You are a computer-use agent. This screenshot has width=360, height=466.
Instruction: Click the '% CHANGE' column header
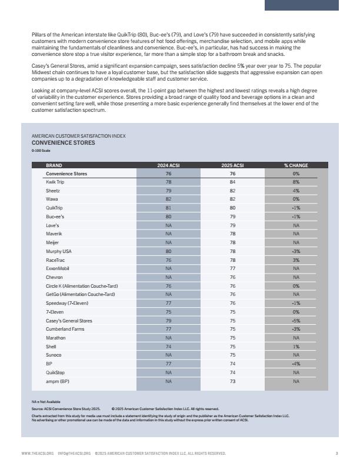coord(296,165)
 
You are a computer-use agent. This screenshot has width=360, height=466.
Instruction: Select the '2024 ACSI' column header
coord(168,165)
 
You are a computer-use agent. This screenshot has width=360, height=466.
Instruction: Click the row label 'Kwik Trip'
coord(55,182)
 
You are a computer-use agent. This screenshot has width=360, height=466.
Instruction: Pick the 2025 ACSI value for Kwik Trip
coord(232,182)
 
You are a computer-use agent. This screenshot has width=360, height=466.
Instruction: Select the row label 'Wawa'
coord(52,199)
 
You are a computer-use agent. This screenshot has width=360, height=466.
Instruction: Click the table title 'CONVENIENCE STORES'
coord(63,142)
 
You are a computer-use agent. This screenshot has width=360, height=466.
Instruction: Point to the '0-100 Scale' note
coord(41,151)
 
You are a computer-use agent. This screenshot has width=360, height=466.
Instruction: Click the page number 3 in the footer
coord(336,454)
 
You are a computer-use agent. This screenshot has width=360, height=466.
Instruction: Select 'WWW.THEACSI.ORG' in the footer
coord(37,454)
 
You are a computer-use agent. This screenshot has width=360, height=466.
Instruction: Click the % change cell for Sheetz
coord(296,191)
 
